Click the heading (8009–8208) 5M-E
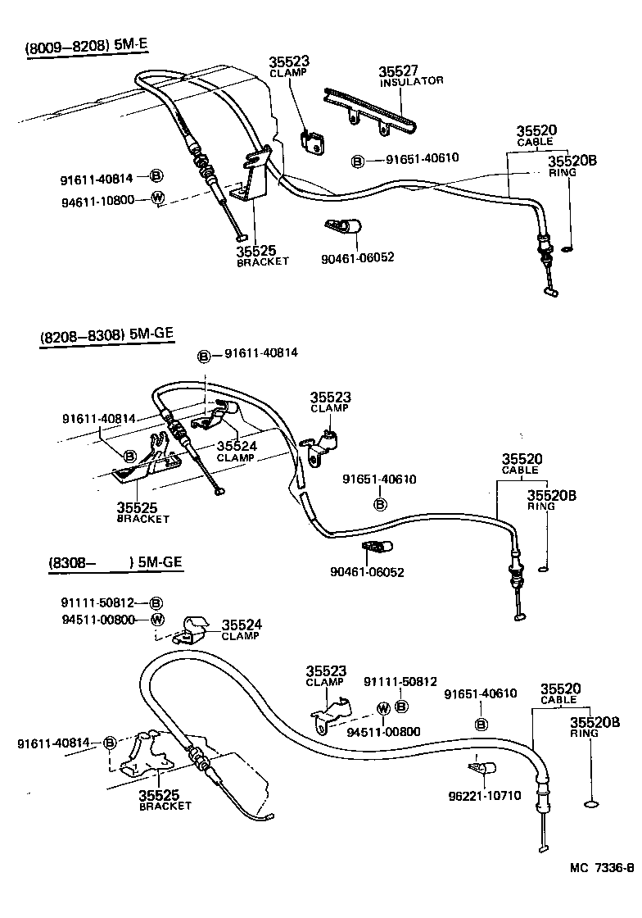[x=86, y=47]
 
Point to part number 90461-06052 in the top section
[x=358, y=257]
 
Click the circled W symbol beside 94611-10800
[x=159, y=198]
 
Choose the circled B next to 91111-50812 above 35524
[x=156, y=602]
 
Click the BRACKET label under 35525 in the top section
[x=263, y=261]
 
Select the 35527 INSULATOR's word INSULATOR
[x=411, y=81]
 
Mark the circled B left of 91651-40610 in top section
[x=358, y=161]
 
